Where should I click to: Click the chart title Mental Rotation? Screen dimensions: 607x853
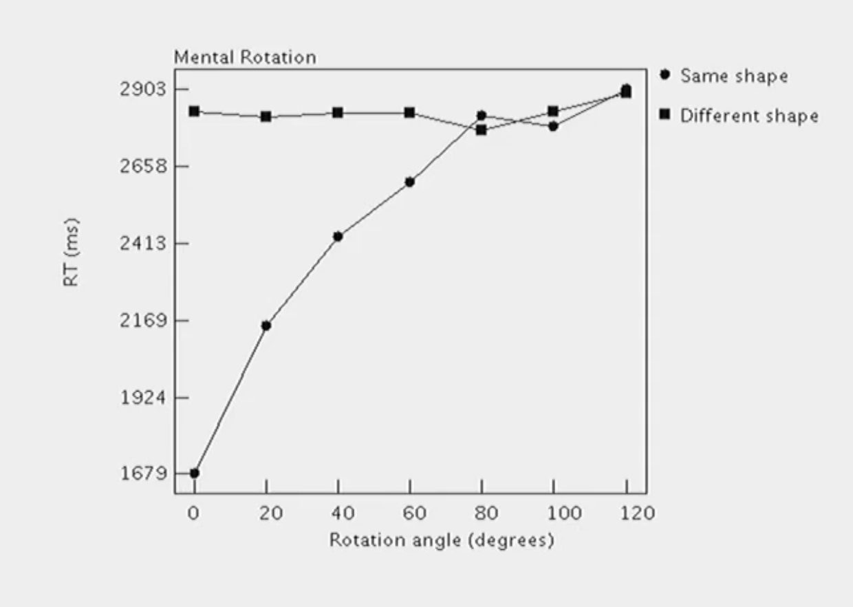pos(245,58)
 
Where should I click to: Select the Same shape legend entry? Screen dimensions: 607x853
pos(733,76)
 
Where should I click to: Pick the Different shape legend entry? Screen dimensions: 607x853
pos(748,116)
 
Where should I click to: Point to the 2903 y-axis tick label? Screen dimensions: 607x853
pos(143,89)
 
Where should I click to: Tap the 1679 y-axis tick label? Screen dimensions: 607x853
pos(143,473)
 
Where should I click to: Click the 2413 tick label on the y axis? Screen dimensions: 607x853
pos(143,244)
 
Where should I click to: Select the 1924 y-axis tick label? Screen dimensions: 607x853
pos(143,398)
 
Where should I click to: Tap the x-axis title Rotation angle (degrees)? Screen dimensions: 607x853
pos(441,540)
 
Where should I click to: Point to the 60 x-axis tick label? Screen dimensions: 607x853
pos(414,513)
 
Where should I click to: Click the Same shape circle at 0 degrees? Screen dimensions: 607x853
pos(195,473)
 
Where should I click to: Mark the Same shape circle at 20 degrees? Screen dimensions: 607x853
pos(266,326)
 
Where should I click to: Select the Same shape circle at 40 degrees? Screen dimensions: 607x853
pos(338,237)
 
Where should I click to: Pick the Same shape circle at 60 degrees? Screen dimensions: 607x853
pos(410,182)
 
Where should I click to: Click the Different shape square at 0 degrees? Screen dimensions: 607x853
pos(195,111)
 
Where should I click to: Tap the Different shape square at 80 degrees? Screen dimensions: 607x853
pos(482,129)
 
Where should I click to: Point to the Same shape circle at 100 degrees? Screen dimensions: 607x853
pos(553,126)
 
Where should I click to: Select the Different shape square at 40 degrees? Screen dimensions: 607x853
pos(338,112)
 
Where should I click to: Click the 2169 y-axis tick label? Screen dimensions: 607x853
pos(143,321)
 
